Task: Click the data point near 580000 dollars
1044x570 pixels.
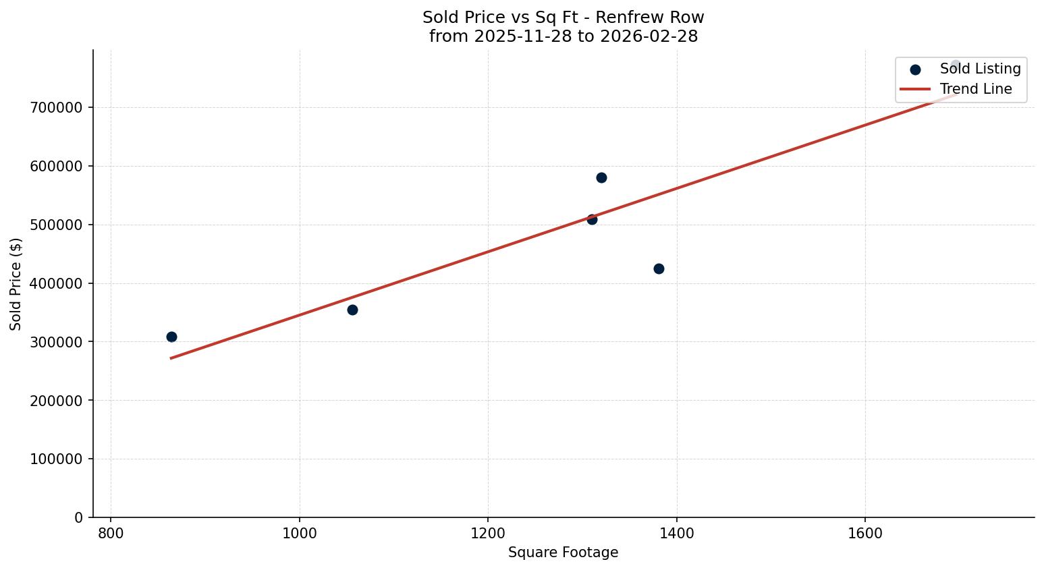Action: click(x=601, y=177)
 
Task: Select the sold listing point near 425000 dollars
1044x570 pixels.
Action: click(x=659, y=268)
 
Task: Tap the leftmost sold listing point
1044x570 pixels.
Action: click(x=171, y=337)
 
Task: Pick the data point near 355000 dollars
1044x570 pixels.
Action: click(x=352, y=310)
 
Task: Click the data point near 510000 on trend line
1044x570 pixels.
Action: click(x=592, y=219)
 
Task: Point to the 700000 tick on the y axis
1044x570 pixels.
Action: click(x=57, y=108)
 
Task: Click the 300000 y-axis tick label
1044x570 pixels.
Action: click(x=57, y=342)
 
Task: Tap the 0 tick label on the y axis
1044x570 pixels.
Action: click(x=79, y=518)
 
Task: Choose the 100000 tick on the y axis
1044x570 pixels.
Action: click(x=57, y=459)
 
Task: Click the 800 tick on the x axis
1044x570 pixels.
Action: click(x=111, y=533)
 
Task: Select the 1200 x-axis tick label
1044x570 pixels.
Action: click(x=488, y=533)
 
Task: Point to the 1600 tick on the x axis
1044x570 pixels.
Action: click(x=865, y=533)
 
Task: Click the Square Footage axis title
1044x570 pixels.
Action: click(x=563, y=552)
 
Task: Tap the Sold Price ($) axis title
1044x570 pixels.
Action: click(x=16, y=284)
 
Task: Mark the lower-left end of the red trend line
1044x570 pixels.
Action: click(x=171, y=358)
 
